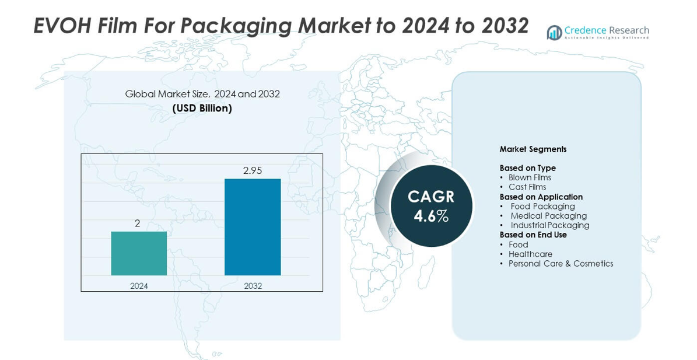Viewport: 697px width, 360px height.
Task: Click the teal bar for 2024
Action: tap(139, 253)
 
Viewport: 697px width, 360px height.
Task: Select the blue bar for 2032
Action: tap(253, 227)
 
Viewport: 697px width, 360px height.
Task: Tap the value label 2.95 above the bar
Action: tap(253, 170)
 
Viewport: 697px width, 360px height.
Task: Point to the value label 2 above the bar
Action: tap(138, 223)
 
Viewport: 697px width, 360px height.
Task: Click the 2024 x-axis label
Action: tap(139, 286)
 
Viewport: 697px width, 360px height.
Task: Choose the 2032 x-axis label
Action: tap(253, 286)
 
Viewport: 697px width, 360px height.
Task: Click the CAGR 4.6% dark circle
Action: tap(431, 206)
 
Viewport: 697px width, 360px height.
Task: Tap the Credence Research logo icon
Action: tap(554, 33)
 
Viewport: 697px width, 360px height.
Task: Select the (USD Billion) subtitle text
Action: tap(202, 109)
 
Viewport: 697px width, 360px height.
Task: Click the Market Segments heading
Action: tap(533, 149)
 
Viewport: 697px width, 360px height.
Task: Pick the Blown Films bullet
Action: tap(529, 177)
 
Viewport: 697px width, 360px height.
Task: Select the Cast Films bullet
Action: tap(527, 187)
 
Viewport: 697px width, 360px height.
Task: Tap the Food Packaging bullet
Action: tap(542, 206)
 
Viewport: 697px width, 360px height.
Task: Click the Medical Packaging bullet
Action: tap(548, 216)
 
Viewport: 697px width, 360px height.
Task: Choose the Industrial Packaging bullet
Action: tap(549, 225)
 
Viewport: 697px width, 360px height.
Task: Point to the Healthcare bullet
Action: tap(530, 254)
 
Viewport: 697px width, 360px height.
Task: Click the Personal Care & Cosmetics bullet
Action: tap(561, 264)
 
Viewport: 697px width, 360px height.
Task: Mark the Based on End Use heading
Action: tap(533, 235)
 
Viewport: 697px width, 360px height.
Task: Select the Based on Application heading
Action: tap(541, 197)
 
